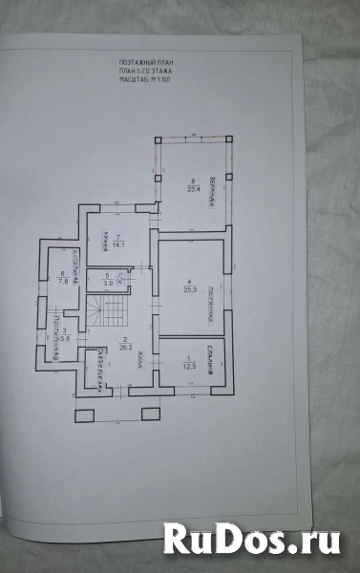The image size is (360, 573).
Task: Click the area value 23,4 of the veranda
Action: point(193,188)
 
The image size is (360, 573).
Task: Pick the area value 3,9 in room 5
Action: point(109,284)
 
